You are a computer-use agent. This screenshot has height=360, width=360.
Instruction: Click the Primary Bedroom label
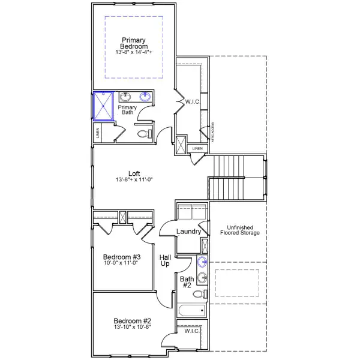[134, 43]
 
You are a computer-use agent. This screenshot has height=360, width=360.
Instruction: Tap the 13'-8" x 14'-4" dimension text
[134, 53]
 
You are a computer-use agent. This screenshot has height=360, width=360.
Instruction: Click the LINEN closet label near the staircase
[197, 148]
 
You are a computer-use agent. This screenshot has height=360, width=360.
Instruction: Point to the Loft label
[134, 173]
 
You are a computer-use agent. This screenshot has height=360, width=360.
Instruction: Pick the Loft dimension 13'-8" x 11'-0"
[134, 180]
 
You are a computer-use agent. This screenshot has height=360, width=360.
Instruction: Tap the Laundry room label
[188, 232]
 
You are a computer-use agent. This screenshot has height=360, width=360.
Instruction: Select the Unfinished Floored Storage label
[239, 230]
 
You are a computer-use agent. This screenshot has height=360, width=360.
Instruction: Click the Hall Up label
[166, 261]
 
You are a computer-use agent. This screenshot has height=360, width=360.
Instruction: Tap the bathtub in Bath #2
[192, 310]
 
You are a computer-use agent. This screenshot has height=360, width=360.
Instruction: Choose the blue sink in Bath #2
[202, 262]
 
